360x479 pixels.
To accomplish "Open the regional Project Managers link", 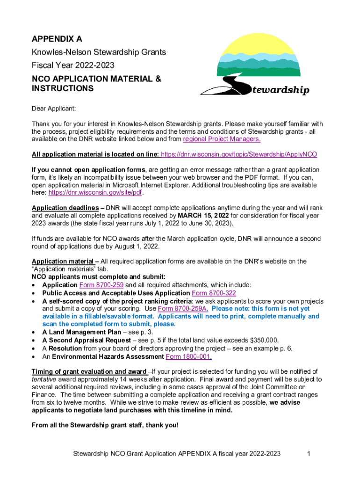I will [x=222, y=139].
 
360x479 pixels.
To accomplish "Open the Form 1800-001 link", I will [x=188, y=356].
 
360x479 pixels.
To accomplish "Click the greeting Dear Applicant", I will [x=54, y=109].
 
